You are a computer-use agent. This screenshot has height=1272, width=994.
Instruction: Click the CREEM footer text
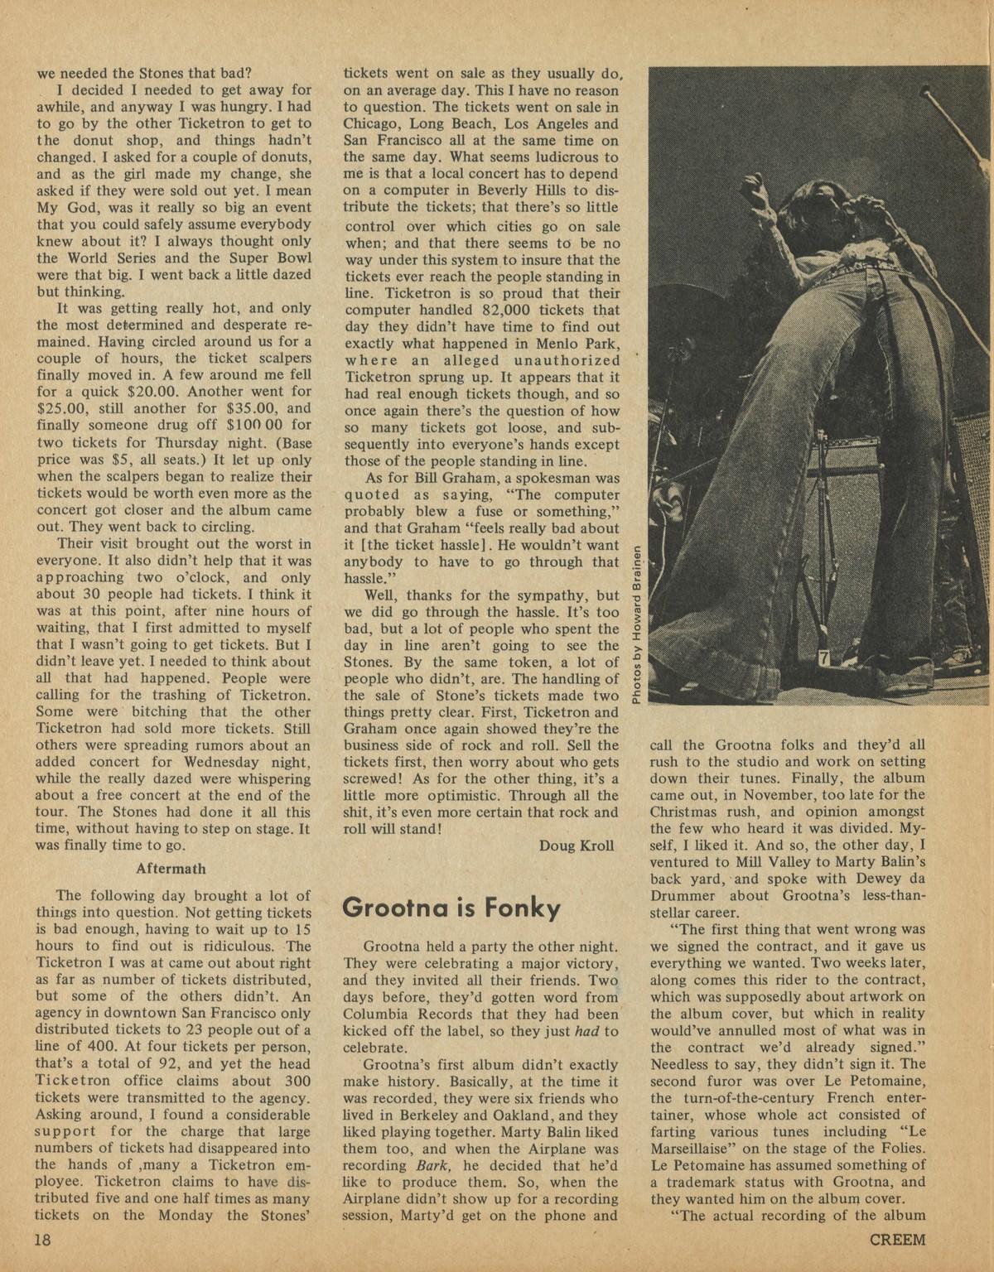point(897,1240)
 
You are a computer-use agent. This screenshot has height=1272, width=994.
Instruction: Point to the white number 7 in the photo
point(823,658)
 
